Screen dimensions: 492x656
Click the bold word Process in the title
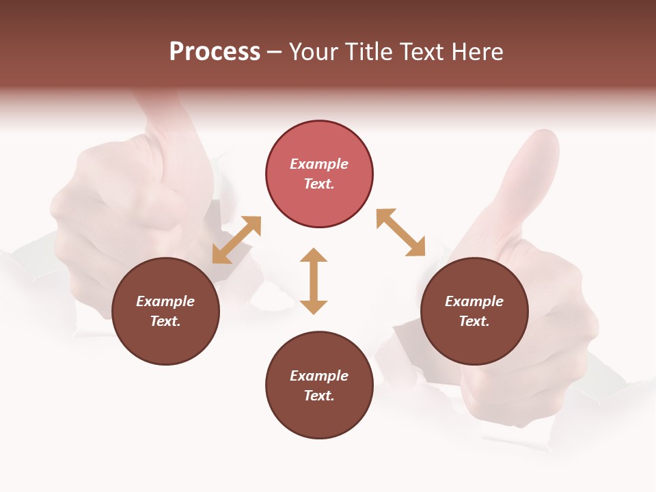tap(215, 52)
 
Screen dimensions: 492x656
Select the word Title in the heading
tap(367, 52)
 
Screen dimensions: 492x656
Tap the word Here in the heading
tap(476, 52)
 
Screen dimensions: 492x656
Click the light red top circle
tap(319, 174)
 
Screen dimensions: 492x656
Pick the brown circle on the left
tap(165, 312)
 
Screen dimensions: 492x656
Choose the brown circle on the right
tap(474, 312)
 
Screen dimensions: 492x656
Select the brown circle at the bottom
tap(319, 385)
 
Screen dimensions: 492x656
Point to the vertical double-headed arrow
tap(314, 281)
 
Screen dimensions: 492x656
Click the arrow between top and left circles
tap(236, 240)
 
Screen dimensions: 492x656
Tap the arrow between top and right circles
tap(400, 232)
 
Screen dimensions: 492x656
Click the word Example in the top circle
tap(319, 164)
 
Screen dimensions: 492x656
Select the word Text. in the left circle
tap(165, 321)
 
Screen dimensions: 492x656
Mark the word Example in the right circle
tap(474, 301)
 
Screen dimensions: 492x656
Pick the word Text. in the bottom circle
tap(319, 396)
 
